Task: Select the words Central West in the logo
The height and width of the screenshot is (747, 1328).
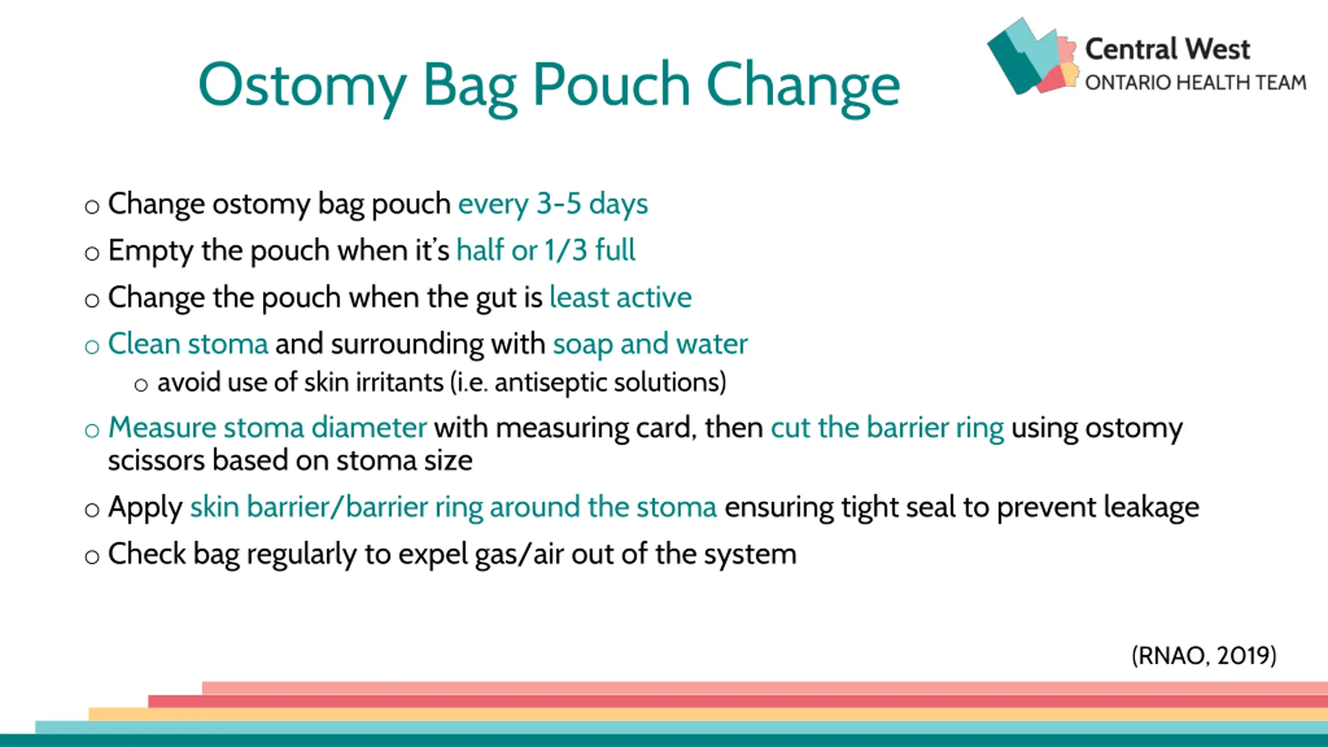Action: [x=1167, y=49]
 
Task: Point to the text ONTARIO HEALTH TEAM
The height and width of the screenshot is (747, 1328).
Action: [x=1195, y=82]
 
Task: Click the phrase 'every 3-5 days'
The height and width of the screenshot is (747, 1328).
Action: [x=553, y=204]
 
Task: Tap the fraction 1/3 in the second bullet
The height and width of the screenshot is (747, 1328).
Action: [x=566, y=250]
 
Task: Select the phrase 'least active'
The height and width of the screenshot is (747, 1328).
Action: [x=620, y=297]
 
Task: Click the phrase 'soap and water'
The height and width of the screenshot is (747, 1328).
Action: [x=650, y=344]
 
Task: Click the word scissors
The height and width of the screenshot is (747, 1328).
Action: [x=156, y=461]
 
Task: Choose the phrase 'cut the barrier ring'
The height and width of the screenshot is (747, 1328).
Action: [x=887, y=428]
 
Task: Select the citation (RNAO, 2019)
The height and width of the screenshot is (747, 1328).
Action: [x=1203, y=656]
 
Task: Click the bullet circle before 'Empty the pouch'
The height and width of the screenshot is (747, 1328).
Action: [x=92, y=254]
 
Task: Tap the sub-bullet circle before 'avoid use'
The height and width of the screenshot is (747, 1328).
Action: [x=141, y=385]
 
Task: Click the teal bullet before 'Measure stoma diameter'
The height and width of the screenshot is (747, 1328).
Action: [x=92, y=431]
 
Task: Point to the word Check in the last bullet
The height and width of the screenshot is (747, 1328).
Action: [x=147, y=554]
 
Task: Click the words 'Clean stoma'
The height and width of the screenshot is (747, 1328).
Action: [x=188, y=344]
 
